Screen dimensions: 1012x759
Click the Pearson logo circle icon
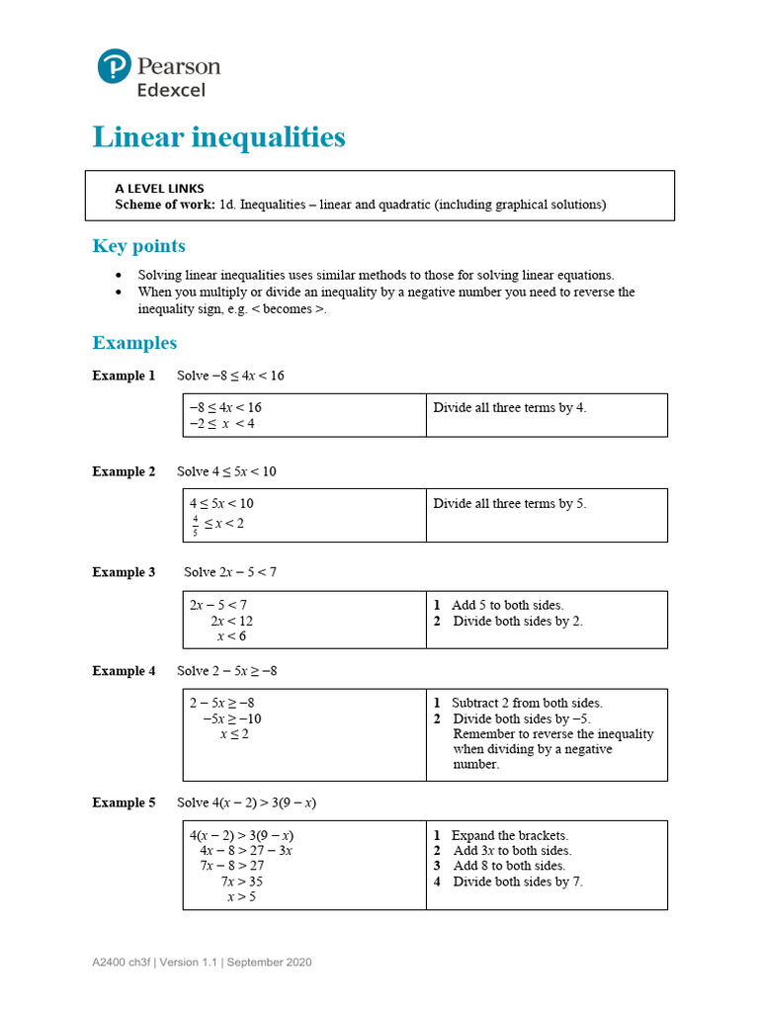click(114, 66)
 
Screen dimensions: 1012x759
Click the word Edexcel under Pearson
click(171, 90)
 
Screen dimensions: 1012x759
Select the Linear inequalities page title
click(218, 137)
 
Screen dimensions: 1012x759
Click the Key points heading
click(138, 246)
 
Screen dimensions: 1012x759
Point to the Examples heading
click(134, 343)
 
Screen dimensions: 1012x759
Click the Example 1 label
click(124, 376)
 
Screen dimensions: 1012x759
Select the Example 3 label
click(124, 572)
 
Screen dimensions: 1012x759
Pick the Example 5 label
click(124, 802)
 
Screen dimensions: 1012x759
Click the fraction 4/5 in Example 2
click(195, 525)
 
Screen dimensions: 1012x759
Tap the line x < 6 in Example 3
click(231, 636)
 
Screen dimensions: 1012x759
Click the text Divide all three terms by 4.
click(510, 407)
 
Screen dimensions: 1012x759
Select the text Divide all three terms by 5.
click(510, 503)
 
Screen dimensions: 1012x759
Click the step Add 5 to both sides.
click(507, 605)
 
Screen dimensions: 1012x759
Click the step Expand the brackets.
click(509, 835)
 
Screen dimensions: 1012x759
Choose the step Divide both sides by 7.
click(517, 882)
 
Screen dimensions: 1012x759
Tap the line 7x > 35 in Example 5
click(241, 882)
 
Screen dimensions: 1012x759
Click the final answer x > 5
click(241, 897)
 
